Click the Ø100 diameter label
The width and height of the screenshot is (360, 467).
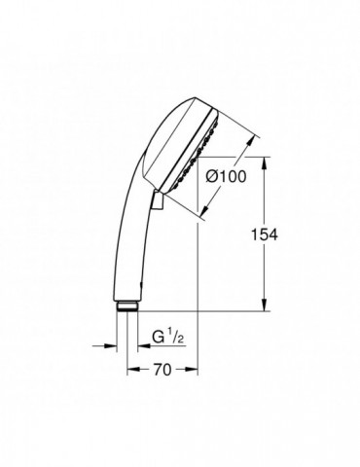coord(227,177)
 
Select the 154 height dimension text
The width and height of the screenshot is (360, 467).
coord(265,234)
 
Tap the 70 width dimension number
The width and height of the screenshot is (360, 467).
coord(162,370)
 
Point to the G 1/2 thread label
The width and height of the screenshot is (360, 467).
coord(168,338)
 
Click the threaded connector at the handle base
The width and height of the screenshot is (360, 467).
coord(127,305)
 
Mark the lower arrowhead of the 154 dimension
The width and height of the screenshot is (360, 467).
coord(266,305)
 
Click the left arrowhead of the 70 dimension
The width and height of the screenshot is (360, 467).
coord(133,369)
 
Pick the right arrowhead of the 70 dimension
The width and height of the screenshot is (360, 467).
coord(192,369)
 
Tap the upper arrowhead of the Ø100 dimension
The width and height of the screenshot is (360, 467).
coord(251,142)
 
